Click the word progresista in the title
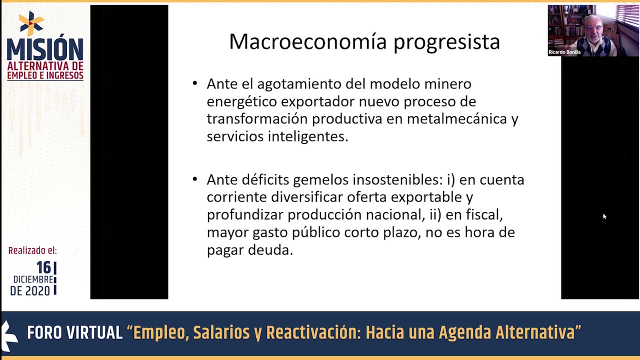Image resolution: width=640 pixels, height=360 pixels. (446, 43)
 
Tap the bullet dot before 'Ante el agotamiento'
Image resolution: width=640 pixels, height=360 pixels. (195, 83)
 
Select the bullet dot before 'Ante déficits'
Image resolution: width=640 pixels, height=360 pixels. (195, 179)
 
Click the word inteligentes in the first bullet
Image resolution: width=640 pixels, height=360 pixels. (308, 136)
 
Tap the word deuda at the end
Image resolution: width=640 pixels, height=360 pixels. (270, 250)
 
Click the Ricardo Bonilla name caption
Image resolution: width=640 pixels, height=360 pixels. (564, 52)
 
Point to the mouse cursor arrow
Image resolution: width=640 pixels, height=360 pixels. (604, 216)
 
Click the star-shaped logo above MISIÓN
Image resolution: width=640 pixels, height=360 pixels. (31, 23)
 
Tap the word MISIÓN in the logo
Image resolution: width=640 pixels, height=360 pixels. (45, 47)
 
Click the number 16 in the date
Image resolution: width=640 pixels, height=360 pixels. (43, 267)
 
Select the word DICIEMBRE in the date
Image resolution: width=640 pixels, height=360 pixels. (33, 279)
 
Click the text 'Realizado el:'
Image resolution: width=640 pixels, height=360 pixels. (32, 250)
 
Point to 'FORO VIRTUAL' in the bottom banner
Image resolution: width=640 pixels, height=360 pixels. (74, 332)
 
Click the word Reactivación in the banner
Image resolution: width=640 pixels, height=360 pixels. (313, 332)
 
